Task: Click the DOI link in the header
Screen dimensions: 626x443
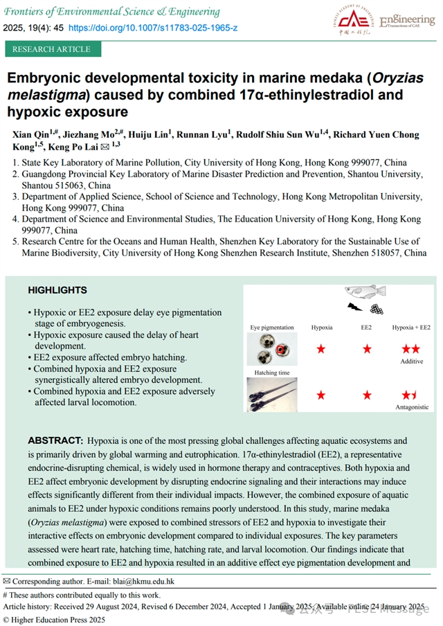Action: coord(152,27)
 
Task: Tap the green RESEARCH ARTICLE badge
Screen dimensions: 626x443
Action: coord(52,49)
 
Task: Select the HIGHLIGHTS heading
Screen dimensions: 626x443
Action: coord(57,290)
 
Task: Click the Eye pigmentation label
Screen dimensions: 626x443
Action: coord(272,327)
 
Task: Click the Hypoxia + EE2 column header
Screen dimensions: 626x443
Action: coord(411,327)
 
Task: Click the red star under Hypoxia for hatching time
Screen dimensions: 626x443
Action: coord(321,395)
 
